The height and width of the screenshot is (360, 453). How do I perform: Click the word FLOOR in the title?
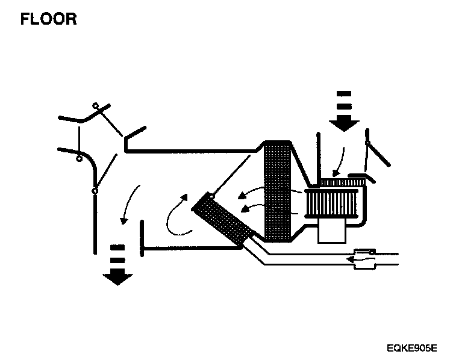(x=49, y=19)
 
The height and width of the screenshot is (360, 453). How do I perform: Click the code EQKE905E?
(x=413, y=348)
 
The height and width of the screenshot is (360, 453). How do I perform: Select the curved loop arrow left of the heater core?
(x=177, y=214)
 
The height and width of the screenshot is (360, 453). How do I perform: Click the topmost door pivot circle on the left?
(x=95, y=106)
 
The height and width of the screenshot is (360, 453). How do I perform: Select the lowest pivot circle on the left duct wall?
(x=95, y=191)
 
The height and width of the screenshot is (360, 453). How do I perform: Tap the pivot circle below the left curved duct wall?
(x=79, y=160)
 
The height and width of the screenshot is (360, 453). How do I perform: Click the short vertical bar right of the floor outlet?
(x=142, y=238)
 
